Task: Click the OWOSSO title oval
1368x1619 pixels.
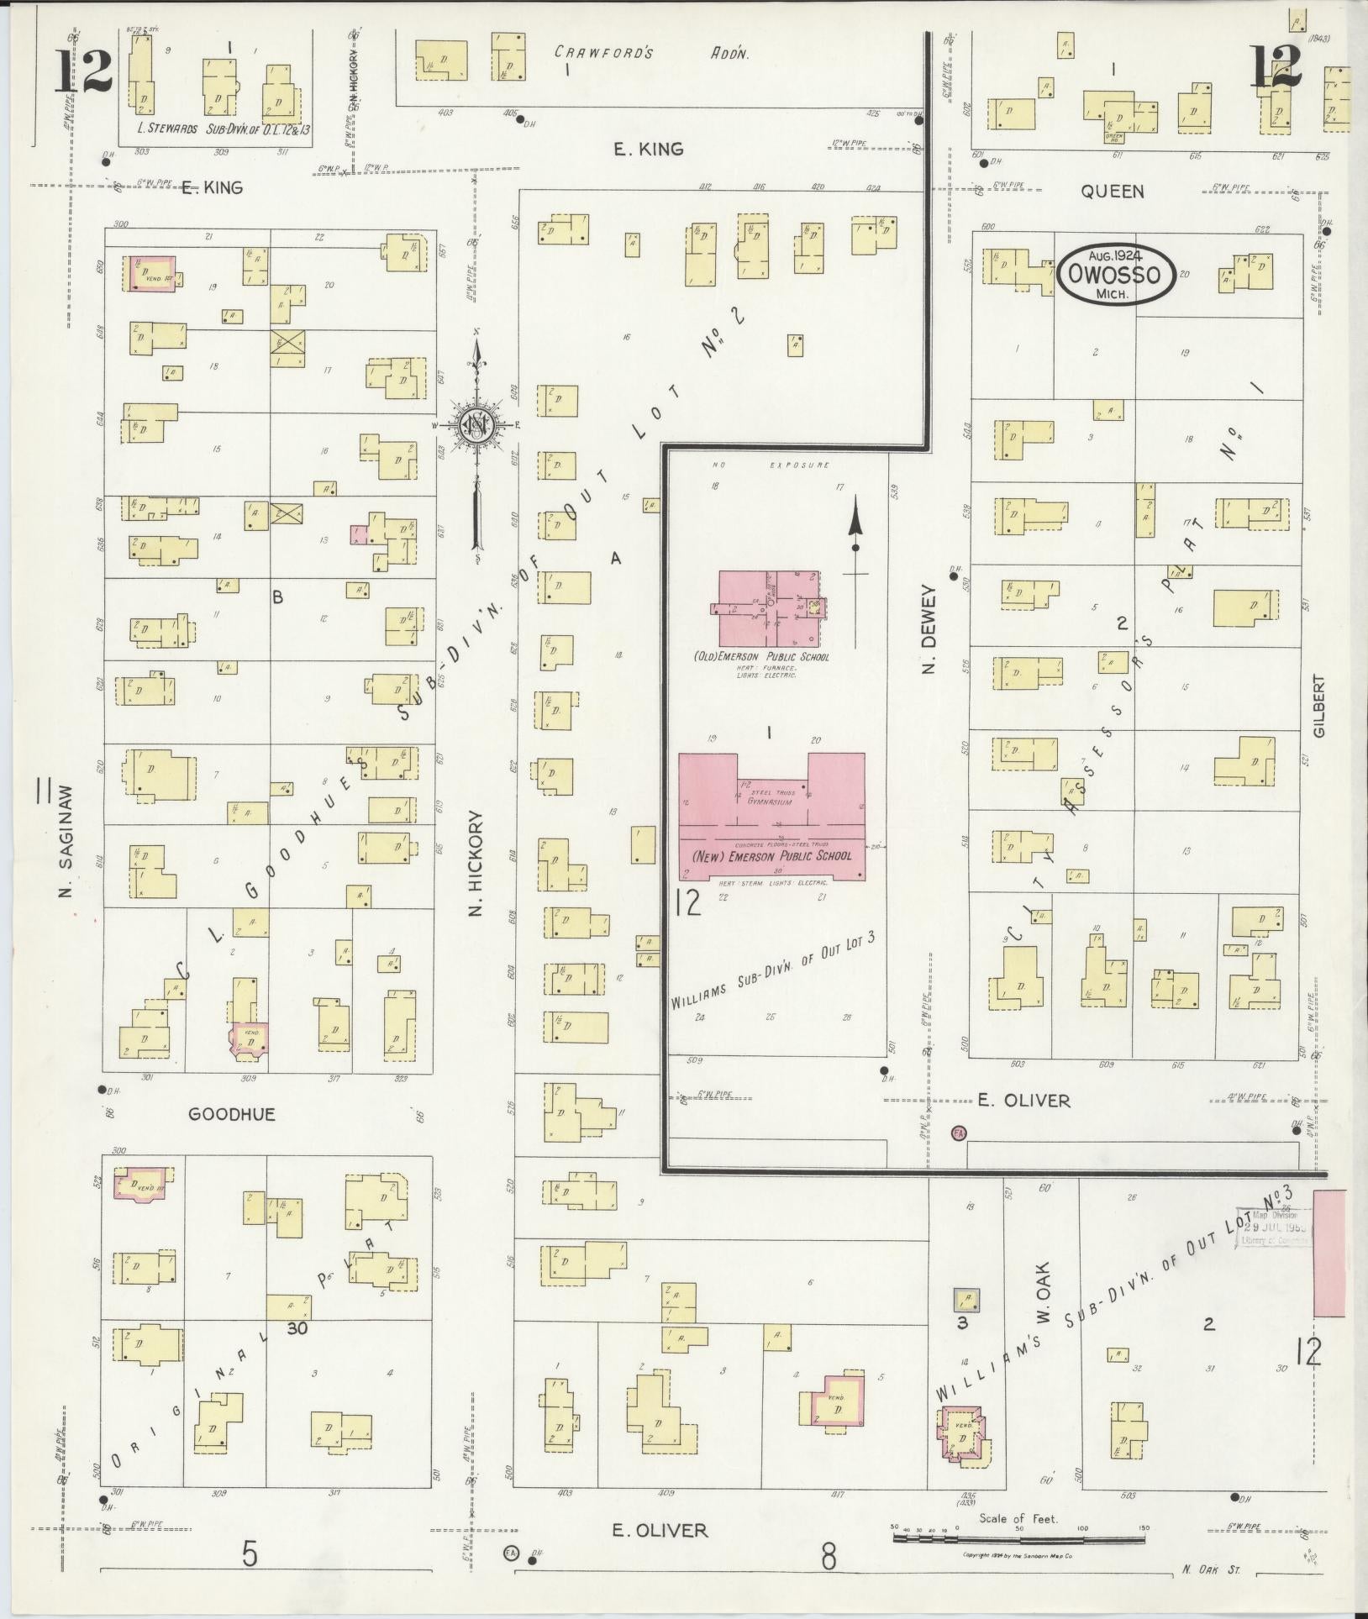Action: point(1115,275)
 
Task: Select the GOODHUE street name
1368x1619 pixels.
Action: point(232,1114)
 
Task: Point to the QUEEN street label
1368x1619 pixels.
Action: point(1112,192)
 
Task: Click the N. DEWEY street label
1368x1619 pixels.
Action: point(929,628)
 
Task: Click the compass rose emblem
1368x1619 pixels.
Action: point(476,426)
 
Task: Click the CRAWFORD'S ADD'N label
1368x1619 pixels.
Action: point(651,53)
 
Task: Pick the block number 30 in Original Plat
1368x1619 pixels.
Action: point(297,1352)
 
